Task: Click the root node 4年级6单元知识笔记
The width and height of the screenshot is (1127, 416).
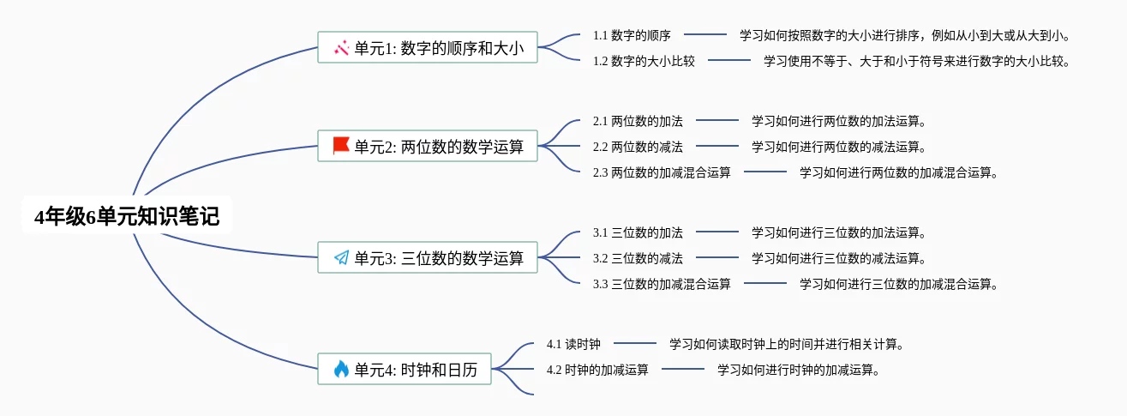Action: pos(127,217)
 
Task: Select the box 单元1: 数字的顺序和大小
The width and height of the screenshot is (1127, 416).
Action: pos(428,48)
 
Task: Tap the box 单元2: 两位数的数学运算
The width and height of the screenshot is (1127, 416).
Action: pos(428,146)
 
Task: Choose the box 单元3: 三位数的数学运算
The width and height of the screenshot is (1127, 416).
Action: pos(428,257)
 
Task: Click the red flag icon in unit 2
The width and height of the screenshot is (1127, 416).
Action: pos(341,145)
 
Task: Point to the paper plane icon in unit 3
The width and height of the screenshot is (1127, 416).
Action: pos(341,257)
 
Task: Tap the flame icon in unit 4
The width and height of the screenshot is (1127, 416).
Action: pos(341,370)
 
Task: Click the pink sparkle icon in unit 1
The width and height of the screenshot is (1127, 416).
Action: pos(341,48)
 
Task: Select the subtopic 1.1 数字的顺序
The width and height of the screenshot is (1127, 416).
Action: pos(632,35)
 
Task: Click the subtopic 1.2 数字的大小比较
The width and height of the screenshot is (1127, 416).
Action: pos(644,61)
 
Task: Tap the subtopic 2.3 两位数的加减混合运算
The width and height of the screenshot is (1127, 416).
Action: pos(662,172)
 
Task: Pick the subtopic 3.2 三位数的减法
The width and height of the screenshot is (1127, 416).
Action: pos(638,258)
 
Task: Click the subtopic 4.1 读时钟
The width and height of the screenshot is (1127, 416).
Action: pos(573,345)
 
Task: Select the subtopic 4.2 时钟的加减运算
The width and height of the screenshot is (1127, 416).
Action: pos(597,371)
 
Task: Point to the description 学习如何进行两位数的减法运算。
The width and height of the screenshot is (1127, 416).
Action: pos(839,147)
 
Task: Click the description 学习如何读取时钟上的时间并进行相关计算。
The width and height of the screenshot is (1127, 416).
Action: pos(787,345)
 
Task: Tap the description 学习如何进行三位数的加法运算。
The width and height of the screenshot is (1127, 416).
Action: pos(839,232)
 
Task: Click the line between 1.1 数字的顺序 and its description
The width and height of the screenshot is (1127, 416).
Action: pos(705,35)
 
